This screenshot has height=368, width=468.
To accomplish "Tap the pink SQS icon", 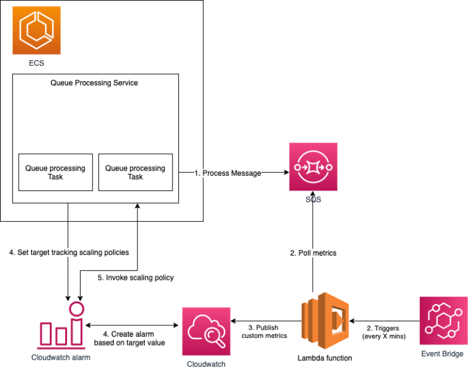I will pyautogui.click(x=313, y=166).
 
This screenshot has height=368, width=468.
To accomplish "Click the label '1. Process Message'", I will pyautogui.click(x=228, y=173).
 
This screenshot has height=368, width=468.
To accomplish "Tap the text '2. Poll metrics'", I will pyautogui.click(x=313, y=253).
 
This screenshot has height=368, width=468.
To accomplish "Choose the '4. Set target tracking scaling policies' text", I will pyautogui.click(x=69, y=253).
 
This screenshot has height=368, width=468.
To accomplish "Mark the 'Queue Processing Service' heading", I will pyautogui.click(x=95, y=83).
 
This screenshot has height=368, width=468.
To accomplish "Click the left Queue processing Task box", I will pyautogui.click(x=55, y=172).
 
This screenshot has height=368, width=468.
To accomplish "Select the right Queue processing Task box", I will pyautogui.click(x=135, y=172).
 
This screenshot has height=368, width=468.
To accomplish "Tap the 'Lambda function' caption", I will pyautogui.click(x=324, y=357).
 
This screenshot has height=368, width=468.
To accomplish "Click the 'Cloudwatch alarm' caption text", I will pyautogui.click(x=60, y=357).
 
